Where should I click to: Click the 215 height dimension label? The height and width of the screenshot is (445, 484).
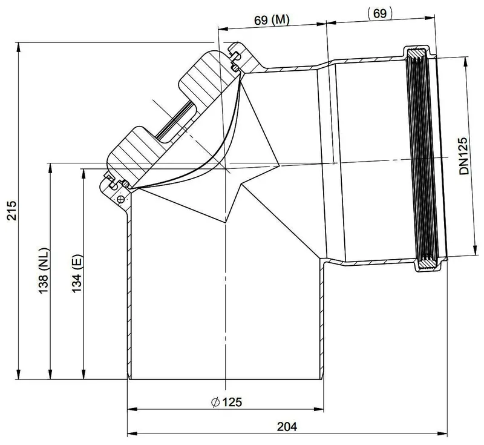pyautogui.click(x=11, y=210)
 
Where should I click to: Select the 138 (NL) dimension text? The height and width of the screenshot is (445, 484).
pyautogui.click(x=44, y=271)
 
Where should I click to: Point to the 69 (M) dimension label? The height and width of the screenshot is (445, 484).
pyautogui.click(x=272, y=21)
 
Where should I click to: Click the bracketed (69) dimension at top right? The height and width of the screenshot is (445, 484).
pyautogui.click(x=380, y=13)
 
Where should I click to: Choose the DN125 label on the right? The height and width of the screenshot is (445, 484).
pyautogui.click(x=463, y=156)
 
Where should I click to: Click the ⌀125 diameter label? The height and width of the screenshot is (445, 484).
pyautogui.click(x=226, y=402)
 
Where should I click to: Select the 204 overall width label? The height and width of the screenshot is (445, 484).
pyautogui.click(x=287, y=426)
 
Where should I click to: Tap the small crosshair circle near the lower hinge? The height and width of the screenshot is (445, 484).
pyautogui.click(x=121, y=199)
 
